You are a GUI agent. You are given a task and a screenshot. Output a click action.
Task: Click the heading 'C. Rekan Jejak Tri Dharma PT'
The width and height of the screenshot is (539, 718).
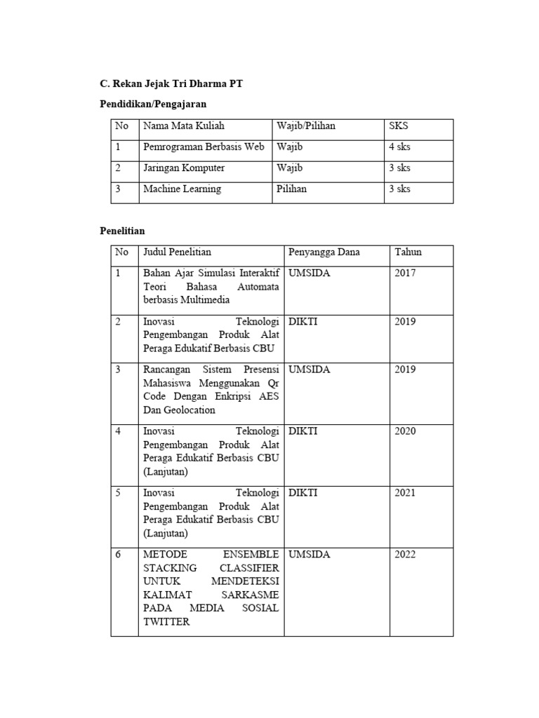tap(172, 84)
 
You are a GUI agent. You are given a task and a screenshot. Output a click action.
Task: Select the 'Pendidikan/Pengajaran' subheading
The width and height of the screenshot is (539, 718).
tap(154, 104)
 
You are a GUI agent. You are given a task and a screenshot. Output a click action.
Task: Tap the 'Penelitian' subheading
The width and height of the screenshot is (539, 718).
tap(121, 230)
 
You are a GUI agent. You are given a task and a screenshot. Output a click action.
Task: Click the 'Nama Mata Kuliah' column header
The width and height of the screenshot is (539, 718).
tap(184, 126)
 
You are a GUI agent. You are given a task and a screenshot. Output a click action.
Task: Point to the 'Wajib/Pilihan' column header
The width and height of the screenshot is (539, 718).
tap(306, 126)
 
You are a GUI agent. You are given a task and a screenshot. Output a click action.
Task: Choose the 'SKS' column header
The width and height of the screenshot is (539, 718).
tap(399, 126)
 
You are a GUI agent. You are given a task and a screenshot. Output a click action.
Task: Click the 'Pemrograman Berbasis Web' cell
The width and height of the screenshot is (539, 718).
tap(204, 147)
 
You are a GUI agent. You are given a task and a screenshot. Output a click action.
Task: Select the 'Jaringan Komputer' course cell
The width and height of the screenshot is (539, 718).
tap(184, 168)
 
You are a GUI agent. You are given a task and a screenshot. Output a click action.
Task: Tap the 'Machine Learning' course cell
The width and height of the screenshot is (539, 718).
tap(182, 189)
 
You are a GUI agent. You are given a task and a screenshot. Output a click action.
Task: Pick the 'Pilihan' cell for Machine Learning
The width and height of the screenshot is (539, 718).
tap(291, 189)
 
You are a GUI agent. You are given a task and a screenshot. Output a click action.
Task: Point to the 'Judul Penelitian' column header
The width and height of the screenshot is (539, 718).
tap(177, 252)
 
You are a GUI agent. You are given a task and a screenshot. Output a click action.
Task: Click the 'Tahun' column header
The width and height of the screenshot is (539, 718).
tap(408, 252)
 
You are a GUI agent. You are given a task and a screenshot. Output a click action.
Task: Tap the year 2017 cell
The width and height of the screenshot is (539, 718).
tap(405, 273)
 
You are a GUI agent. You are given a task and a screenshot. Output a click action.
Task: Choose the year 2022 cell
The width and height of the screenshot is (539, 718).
tap(405, 555)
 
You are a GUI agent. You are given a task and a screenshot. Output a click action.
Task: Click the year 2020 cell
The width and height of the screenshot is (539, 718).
tap(405, 431)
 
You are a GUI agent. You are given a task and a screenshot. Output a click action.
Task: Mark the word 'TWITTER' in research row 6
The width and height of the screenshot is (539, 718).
tap(166, 621)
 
